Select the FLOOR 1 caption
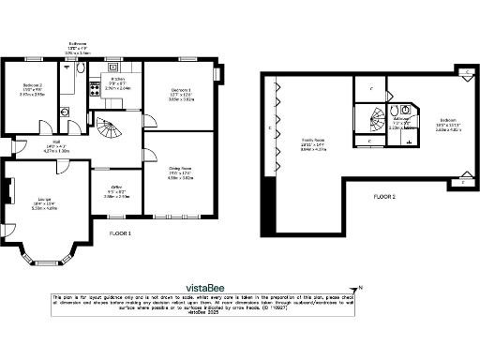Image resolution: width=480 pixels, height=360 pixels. [120, 232]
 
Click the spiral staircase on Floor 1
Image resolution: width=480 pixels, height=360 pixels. [111, 129]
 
